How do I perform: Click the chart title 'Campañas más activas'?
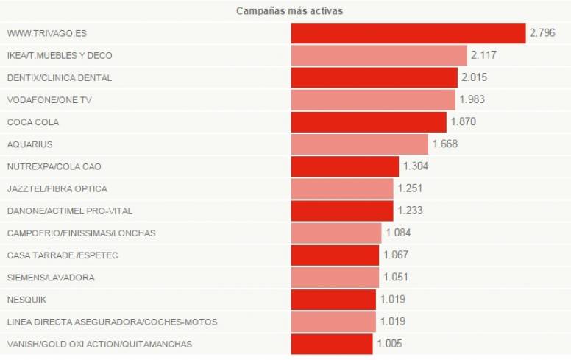[289, 11]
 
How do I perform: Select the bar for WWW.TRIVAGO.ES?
[408, 33]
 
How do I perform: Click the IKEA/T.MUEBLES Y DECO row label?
[60, 55]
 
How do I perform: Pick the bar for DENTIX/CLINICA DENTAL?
[374, 77]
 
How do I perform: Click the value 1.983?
[472, 99]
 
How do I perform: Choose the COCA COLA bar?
[368, 121]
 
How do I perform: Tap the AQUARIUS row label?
[29, 144]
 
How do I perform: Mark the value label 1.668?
[445, 144]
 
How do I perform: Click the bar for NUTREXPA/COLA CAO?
[344, 166]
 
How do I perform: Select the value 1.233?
[411, 211]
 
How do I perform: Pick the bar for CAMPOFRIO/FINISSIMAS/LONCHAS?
[336, 233]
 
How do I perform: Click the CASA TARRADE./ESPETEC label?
[63, 255]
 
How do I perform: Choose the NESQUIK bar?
[333, 300]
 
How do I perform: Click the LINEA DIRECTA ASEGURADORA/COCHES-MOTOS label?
[112, 322]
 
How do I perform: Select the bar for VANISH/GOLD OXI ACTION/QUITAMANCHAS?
[331, 344]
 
